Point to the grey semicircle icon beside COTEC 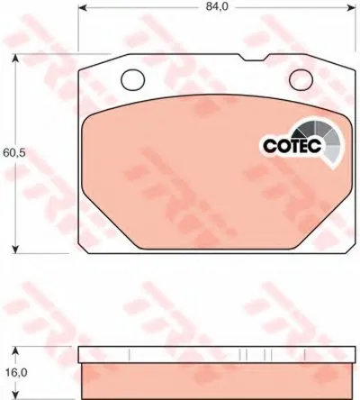[x=327, y=138]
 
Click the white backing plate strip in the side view [x=211, y=354]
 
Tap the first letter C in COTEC [x=267, y=143]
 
